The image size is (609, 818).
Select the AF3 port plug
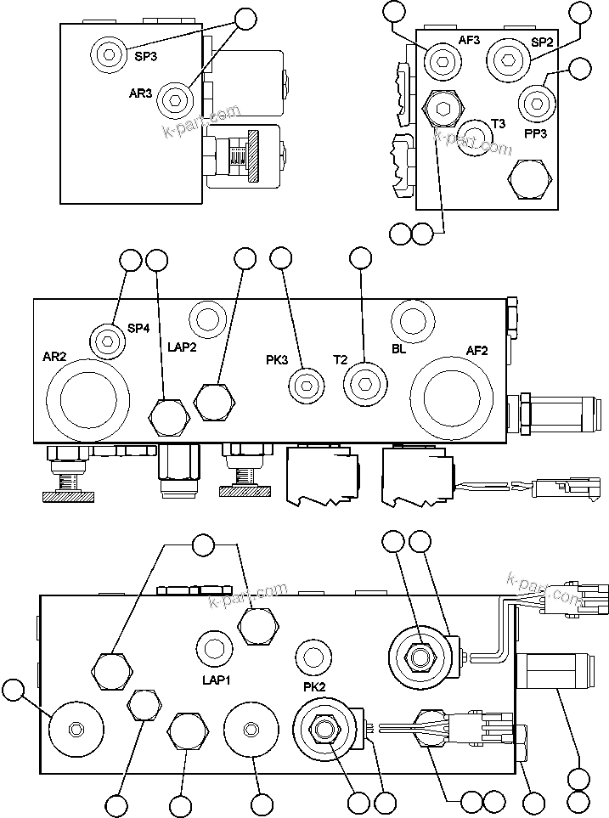click(442, 59)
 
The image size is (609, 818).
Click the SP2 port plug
click(508, 59)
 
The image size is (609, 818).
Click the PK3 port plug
click(305, 386)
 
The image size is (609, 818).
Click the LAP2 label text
click(182, 347)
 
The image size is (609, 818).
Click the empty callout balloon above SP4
click(130, 260)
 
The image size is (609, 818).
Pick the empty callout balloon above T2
click(361, 260)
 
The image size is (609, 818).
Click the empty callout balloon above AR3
click(245, 19)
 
